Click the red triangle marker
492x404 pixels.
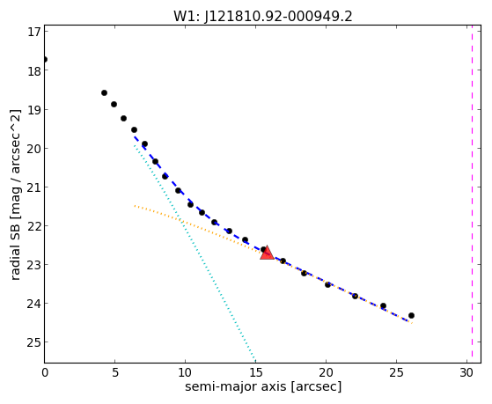[x=267, y=253]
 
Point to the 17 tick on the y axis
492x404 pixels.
[x=34, y=32]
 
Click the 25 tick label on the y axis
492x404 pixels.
[x=34, y=342]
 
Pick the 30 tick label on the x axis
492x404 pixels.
[x=466, y=372]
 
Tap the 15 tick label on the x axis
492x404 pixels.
[x=255, y=372]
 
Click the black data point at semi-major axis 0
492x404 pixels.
[x=45, y=59]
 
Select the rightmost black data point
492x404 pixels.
[x=411, y=315]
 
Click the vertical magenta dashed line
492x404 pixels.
[x=472, y=194]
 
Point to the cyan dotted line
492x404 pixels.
[x=195, y=253]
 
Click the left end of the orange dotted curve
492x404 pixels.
[x=135, y=206]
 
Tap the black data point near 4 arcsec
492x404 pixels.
[x=104, y=92]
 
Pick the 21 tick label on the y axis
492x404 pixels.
[x=34, y=187]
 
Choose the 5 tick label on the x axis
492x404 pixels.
[x=114, y=372]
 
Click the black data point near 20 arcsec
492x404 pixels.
[x=327, y=284]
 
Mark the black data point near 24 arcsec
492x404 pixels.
[x=383, y=305]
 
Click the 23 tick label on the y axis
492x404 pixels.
[x=34, y=265]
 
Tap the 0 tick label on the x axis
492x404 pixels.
[x=45, y=372]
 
